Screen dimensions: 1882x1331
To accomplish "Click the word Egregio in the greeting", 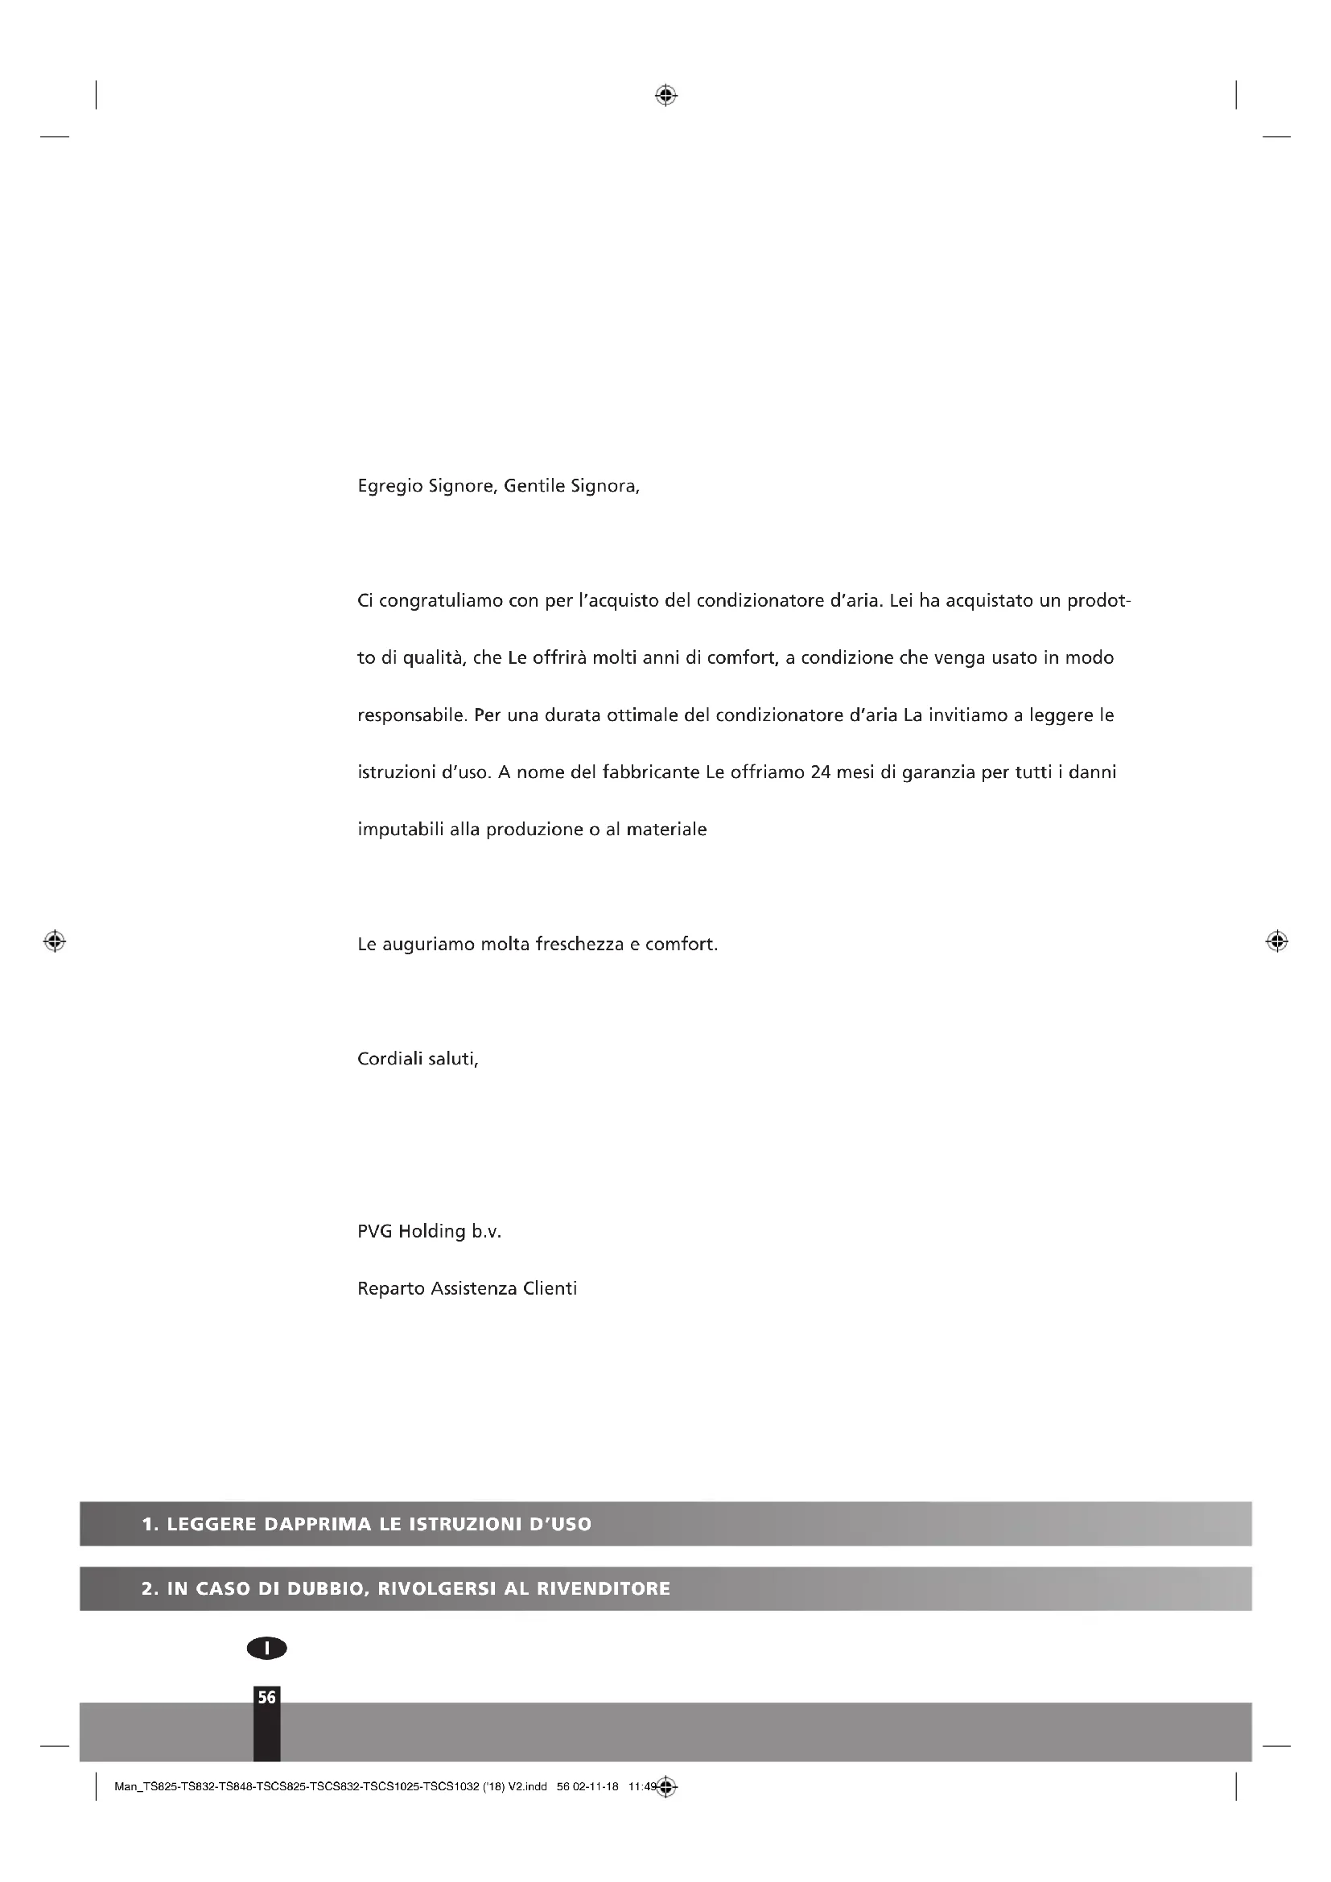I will [x=390, y=487].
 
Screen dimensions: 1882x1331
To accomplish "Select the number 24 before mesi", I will [x=820, y=772].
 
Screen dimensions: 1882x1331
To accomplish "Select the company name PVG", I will [x=375, y=1231].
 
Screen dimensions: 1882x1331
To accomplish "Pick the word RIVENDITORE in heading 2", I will [x=604, y=1588].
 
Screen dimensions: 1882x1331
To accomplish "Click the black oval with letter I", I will [x=266, y=1648].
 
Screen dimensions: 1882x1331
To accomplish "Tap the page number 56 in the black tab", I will [x=266, y=1698].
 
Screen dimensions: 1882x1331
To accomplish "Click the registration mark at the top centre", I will [x=665, y=96].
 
